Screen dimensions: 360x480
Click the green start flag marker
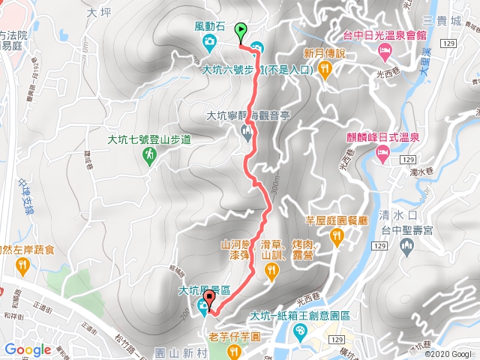pyautogui.click(x=241, y=31)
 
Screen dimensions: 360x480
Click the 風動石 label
pyautogui.click(x=209, y=25)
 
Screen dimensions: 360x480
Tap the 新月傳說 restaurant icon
pyautogui.click(x=325, y=69)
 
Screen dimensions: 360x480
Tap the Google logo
pyautogui.click(x=27, y=349)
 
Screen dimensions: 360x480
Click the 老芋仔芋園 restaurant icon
pyautogui.click(x=235, y=352)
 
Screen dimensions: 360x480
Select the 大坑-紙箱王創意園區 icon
pyautogui.click(x=301, y=331)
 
